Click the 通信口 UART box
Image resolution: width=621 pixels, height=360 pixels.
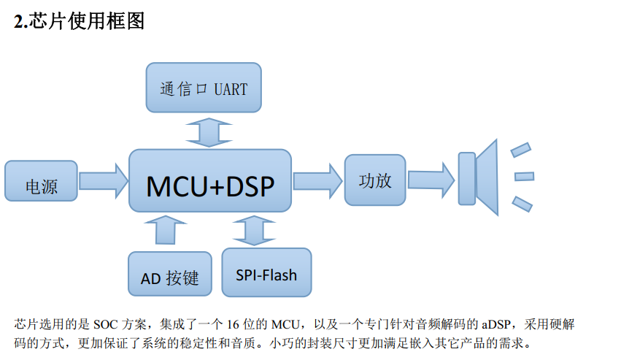pos(204,88)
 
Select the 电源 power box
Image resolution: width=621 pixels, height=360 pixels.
pos(41,181)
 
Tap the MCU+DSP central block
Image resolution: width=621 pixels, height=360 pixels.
pos(210,180)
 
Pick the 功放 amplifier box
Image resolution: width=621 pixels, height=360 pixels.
pos(375,180)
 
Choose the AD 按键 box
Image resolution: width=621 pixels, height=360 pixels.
pos(170,274)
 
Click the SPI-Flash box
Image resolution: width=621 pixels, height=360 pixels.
pos(266,272)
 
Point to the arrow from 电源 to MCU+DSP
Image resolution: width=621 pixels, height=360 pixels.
pos(104,181)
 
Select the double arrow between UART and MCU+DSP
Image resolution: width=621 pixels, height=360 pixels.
pos(209,132)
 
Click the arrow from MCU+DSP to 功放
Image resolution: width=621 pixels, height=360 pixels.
pos(317,181)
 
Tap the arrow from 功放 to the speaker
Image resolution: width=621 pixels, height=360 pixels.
pos(431,180)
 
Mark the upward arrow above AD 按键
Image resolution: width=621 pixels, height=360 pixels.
pos(166,230)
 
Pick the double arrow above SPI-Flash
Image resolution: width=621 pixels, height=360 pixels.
pos(254,230)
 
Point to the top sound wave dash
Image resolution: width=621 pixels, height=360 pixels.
pos(521,150)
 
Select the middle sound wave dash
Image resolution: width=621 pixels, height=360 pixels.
pos(525,176)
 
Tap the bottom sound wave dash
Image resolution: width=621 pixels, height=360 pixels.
pos(522,204)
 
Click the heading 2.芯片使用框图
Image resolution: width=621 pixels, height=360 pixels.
pos(80,21)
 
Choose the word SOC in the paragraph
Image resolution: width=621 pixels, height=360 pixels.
pos(105,325)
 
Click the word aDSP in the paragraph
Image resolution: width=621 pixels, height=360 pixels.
pos(495,325)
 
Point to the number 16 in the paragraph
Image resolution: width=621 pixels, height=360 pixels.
pos(233,325)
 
